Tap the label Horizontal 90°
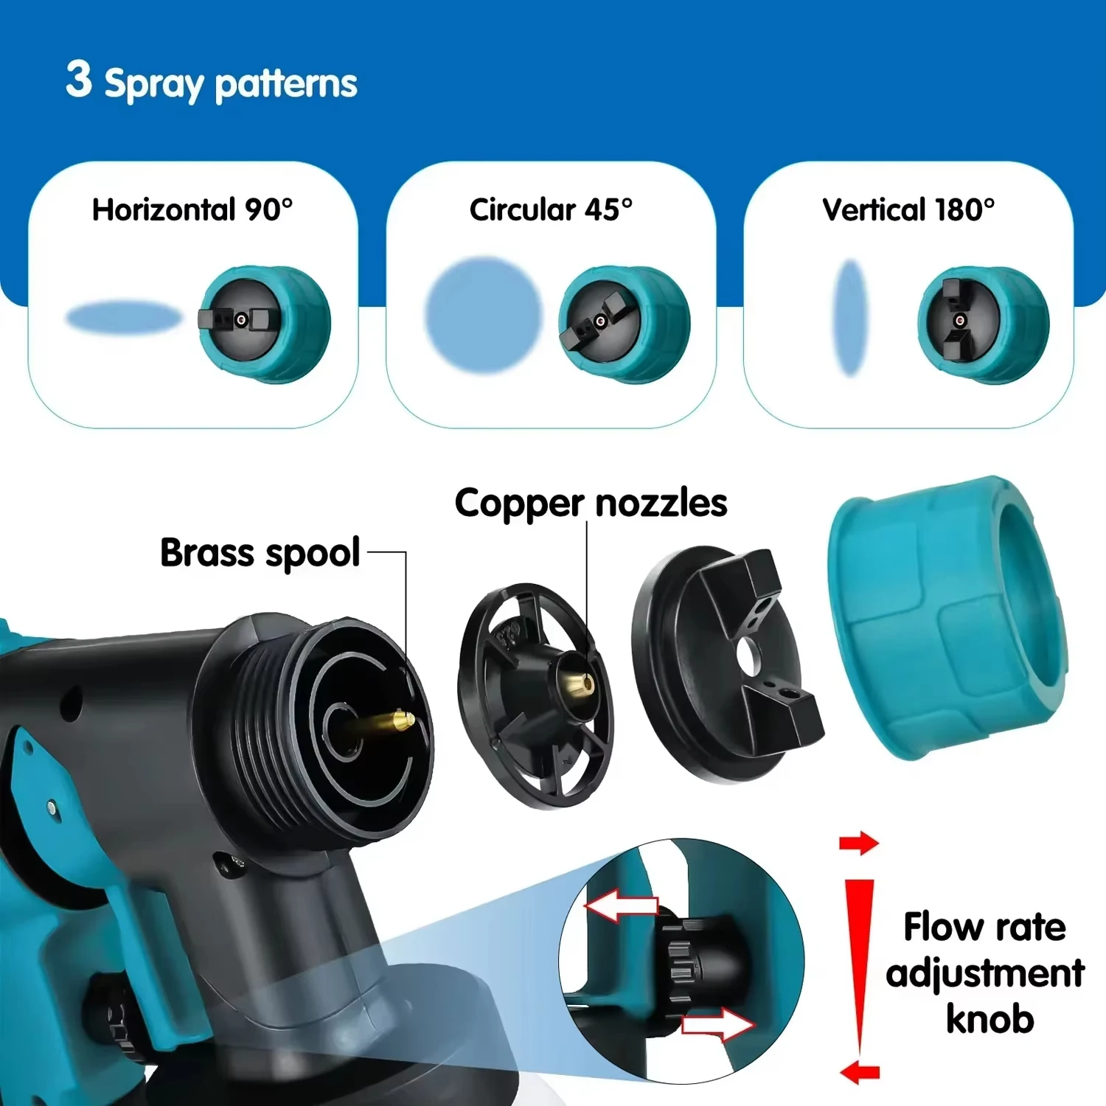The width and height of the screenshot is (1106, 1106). (192, 210)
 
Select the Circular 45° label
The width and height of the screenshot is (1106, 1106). (551, 210)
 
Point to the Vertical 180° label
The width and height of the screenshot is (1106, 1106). (908, 210)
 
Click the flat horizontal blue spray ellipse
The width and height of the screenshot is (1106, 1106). (123, 318)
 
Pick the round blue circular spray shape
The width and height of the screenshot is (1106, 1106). (483, 315)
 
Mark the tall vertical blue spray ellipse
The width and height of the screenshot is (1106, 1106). (850, 318)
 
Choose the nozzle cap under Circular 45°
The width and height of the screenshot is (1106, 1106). (624, 324)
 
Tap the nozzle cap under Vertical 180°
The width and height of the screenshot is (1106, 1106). (983, 324)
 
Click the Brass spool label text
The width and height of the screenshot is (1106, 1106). (260, 553)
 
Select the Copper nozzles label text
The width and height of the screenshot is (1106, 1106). (591, 504)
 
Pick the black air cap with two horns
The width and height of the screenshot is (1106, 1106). (726, 664)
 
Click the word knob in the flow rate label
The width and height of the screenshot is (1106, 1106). (990, 1019)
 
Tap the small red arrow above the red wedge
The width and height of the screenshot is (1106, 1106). (859, 843)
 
